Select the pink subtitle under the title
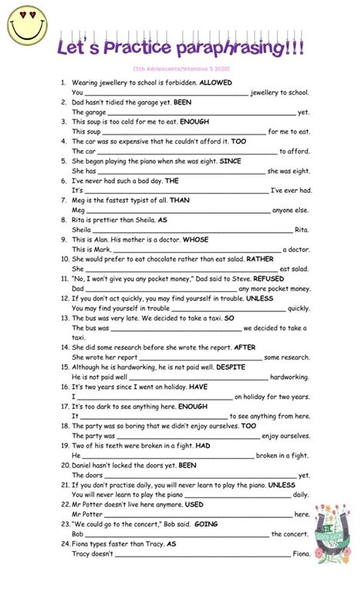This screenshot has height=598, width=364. coord(181,69)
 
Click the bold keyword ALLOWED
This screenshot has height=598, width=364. coord(217,81)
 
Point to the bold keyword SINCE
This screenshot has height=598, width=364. coord(230,161)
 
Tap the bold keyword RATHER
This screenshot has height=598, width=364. coord(260,259)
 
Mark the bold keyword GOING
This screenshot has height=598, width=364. coord(200,523)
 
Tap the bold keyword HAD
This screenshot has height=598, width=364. coord(203,444)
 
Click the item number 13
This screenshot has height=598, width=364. coord(65,318)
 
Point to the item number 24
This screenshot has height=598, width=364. coord(65,543)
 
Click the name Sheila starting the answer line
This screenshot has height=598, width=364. coord(81,229)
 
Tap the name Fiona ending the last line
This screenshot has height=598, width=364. coord(302,553)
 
